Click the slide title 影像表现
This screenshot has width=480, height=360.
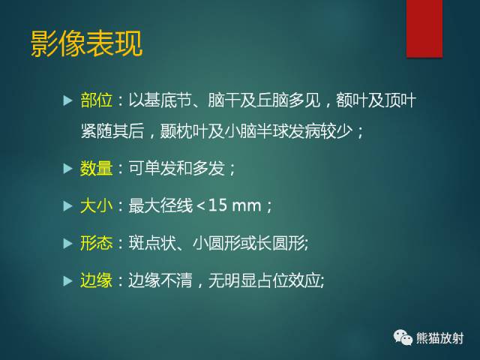[86, 44]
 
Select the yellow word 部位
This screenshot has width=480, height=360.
[96, 100]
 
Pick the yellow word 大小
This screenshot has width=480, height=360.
[96, 205]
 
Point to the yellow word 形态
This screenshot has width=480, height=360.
[96, 242]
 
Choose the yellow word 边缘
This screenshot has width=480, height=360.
[96, 280]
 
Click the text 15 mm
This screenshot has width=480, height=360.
[241, 205]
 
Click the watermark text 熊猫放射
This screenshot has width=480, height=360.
[440, 339]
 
